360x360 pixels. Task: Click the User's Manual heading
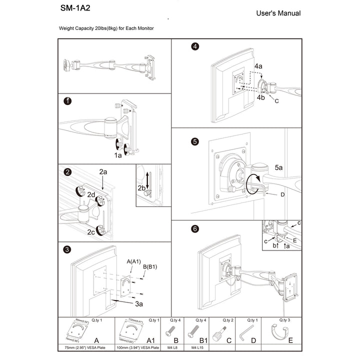[x=278, y=13]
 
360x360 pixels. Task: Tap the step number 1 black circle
[x=67, y=101]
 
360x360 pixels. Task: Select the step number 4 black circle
[x=195, y=47]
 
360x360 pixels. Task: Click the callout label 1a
[x=118, y=156]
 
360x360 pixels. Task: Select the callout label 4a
[x=258, y=66]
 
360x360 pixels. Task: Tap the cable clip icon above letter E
[x=280, y=333]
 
